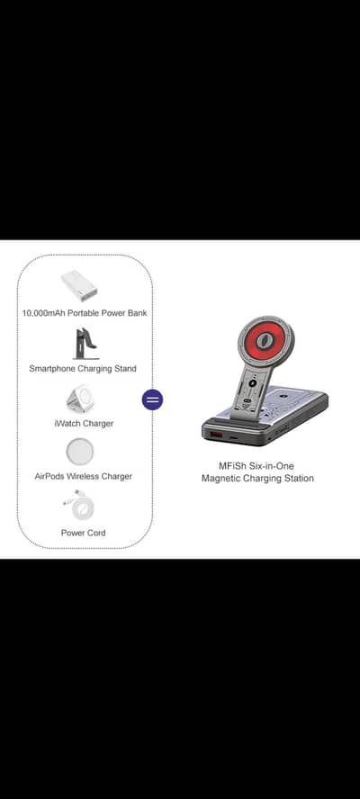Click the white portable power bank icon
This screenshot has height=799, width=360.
[84, 286]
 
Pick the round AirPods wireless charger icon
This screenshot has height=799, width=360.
[84, 452]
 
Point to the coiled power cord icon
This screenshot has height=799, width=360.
[84, 506]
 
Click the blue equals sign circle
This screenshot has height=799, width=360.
[153, 399]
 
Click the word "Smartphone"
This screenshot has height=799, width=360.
[54, 368]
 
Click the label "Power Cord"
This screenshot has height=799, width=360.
[84, 533]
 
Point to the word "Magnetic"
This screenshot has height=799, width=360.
[222, 479]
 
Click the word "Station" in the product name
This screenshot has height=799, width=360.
[296, 479]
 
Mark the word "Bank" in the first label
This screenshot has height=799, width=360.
[136, 313]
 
